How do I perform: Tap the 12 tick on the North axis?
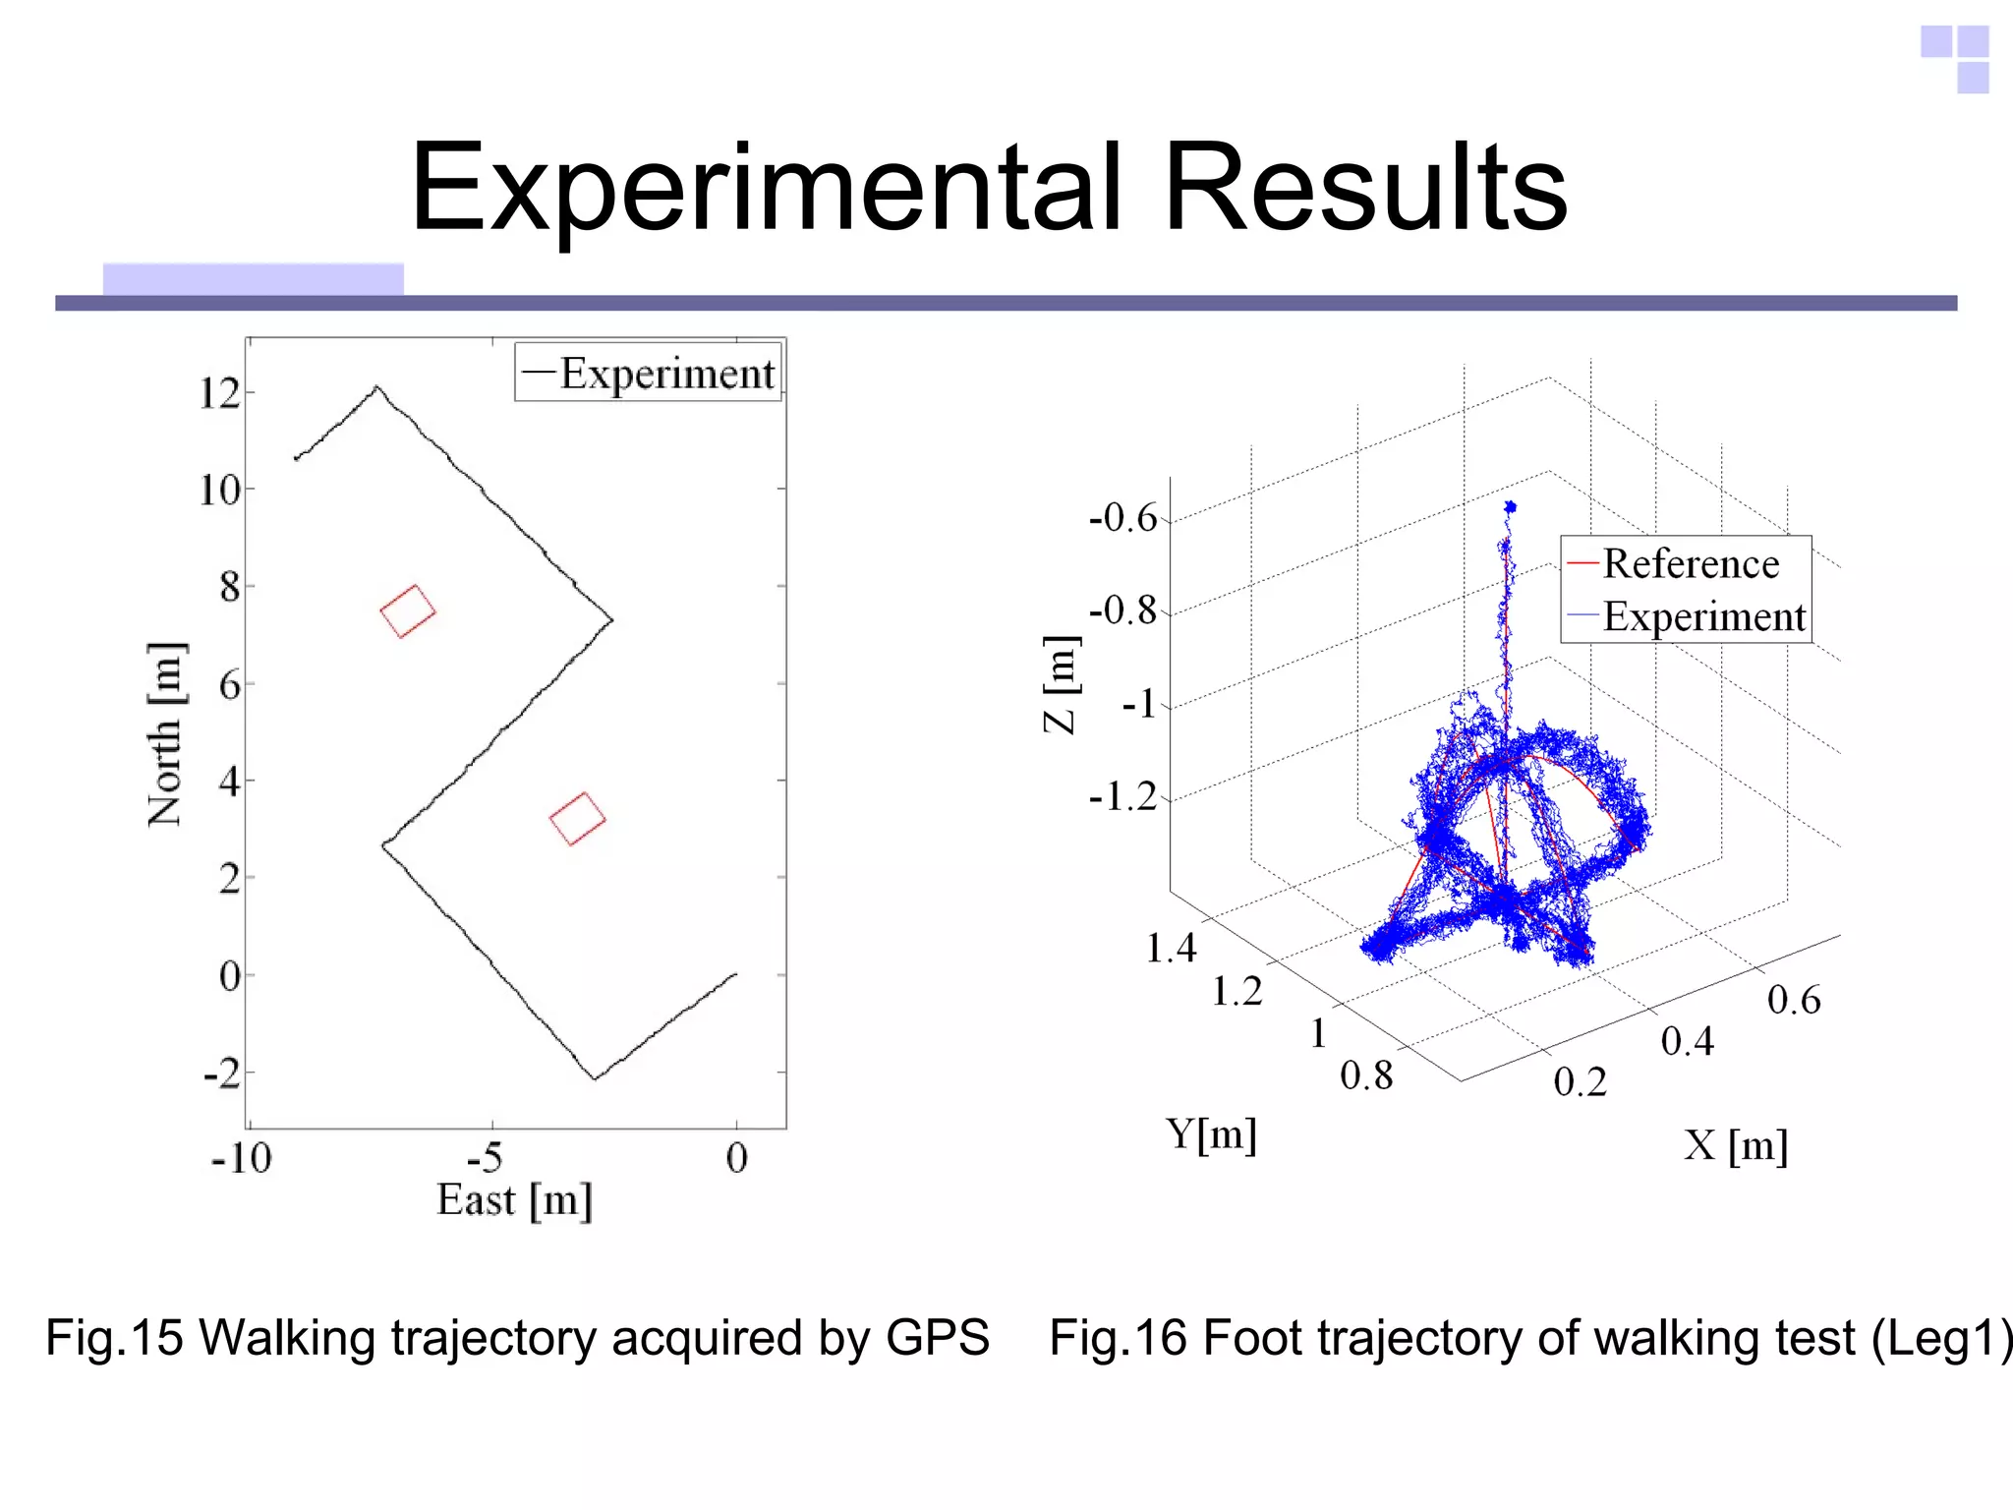219,394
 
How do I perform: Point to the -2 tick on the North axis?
222,1074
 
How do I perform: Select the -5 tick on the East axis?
486,1158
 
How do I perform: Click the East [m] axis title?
514,1200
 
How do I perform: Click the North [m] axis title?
165,733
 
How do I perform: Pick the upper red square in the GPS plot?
408,611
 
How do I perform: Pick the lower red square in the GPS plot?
577,818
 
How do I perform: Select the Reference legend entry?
1690,564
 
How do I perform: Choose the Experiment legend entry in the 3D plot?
1703,617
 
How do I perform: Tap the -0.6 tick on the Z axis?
1123,517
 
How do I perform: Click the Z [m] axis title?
1061,684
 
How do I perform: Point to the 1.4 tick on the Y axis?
1172,948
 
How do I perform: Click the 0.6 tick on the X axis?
1794,1000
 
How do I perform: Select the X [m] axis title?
1736,1146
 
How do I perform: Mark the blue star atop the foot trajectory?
1510,507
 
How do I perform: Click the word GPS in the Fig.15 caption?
937,1338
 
